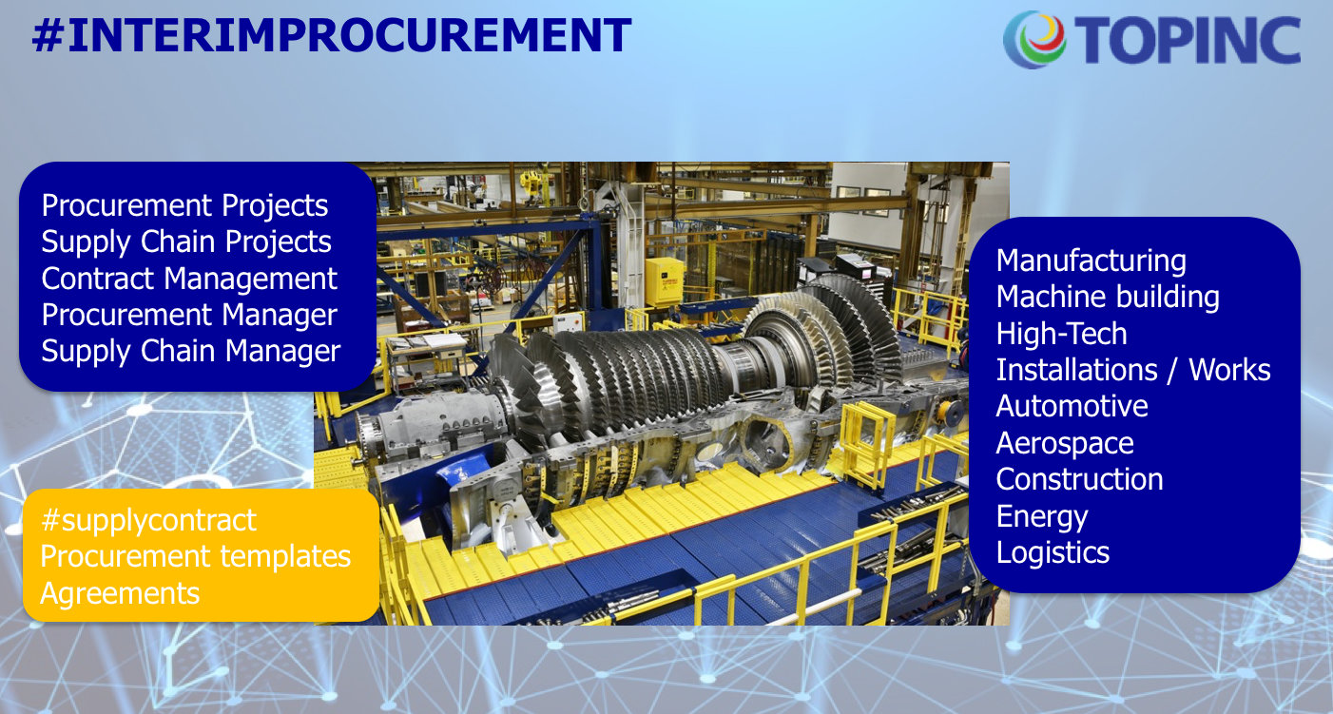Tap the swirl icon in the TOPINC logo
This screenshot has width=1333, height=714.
(1034, 39)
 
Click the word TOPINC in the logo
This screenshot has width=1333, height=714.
(1188, 39)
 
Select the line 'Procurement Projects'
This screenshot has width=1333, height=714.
(184, 206)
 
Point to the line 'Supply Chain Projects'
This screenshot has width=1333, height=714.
(186, 242)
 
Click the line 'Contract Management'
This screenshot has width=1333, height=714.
(189, 279)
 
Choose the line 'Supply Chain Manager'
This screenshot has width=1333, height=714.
(190, 352)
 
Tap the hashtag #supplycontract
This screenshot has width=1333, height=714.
(148, 521)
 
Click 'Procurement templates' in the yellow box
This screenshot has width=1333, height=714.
(196, 557)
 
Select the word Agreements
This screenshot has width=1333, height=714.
(120, 594)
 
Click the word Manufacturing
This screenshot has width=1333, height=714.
(1092, 261)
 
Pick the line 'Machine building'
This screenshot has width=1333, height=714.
(1108, 298)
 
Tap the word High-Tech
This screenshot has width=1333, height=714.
(1062, 334)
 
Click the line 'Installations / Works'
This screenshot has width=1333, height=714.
(1133, 370)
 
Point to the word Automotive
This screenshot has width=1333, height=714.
(1072, 406)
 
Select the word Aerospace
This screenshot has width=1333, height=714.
(1065, 444)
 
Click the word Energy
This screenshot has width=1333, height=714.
(1042, 517)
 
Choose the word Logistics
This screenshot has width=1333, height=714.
(1053, 553)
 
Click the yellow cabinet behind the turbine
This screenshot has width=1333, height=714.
(665, 281)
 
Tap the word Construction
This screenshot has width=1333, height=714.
(1080, 479)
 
